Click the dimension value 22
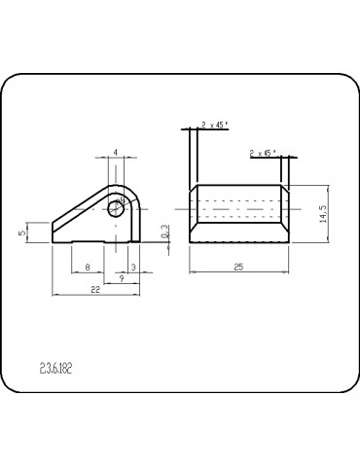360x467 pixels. pyautogui.click(x=95, y=291)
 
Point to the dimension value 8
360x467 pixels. pyautogui.click(x=88, y=266)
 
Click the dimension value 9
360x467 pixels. pyautogui.click(x=120, y=278)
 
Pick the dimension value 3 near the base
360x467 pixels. pyautogui.click(x=131, y=266)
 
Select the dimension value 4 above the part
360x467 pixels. pyautogui.click(x=116, y=153)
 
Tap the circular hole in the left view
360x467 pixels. pyautogui.click(x=117, y=207)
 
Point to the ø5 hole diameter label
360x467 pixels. pyautogui.click(x=122, y=199)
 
